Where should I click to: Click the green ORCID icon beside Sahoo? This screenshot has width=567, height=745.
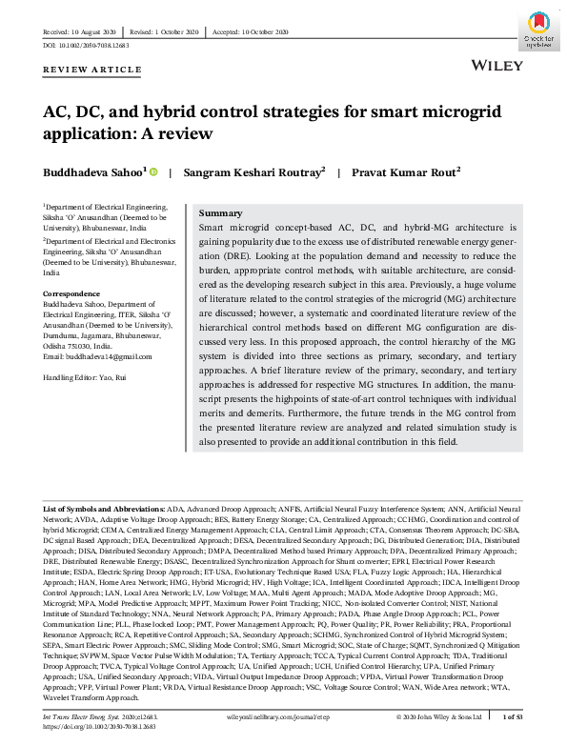point(152,171)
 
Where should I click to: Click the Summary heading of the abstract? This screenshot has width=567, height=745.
point(221,213)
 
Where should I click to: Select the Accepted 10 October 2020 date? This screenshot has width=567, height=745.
point(253,31)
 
